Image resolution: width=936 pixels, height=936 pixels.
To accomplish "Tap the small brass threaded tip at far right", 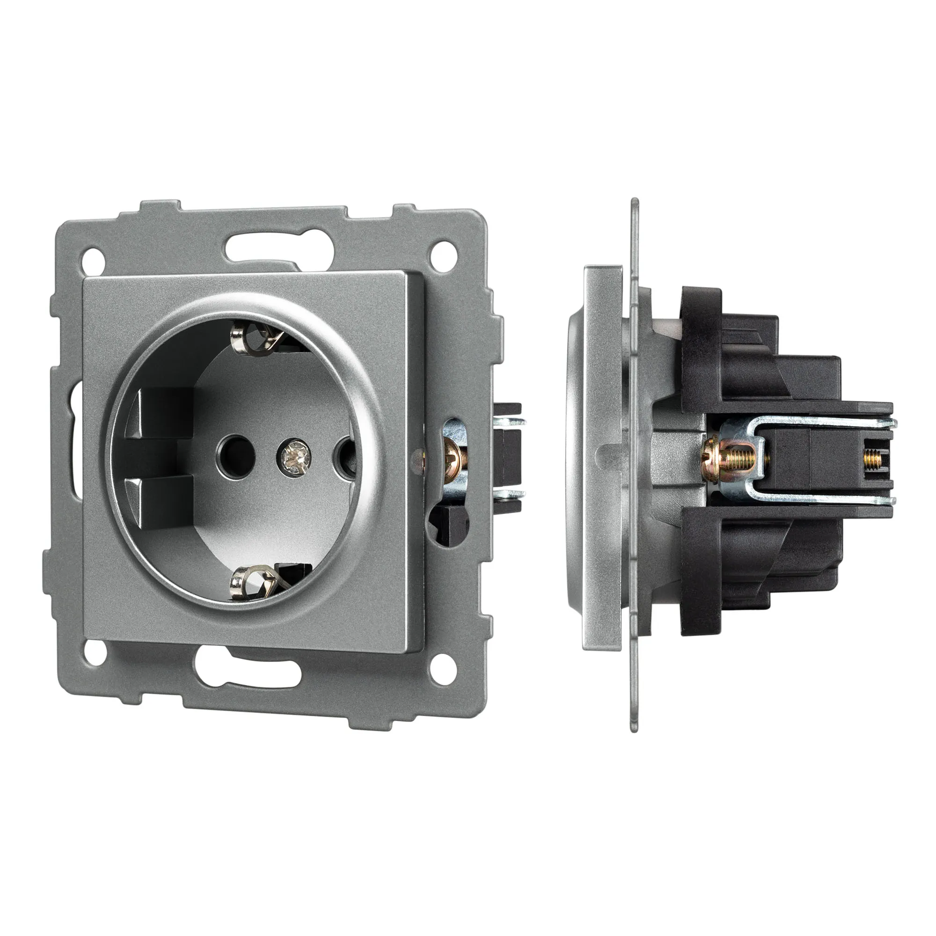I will pos(871,457).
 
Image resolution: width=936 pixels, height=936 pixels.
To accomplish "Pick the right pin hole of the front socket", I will pos(344,455).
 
